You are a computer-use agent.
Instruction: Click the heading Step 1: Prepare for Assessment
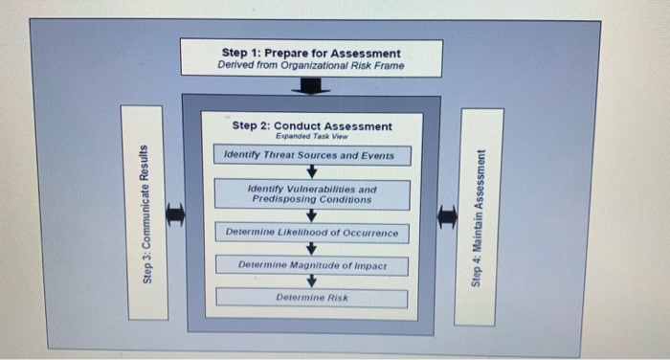coord(311,53)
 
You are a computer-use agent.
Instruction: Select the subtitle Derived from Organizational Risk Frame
coord(310,66)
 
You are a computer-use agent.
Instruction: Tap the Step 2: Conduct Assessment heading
coord(312,125)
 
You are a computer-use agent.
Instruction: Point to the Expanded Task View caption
coord(311,137)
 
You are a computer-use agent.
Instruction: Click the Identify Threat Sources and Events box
coord(309,155)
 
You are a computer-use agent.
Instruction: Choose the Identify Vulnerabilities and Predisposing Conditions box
coord(312,194)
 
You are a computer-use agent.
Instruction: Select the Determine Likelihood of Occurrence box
coord(312,233)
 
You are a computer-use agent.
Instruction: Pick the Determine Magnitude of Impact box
coord(312,264)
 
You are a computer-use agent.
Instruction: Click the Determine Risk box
coord(312,298)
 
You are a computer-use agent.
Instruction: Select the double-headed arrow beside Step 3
coord(174,216)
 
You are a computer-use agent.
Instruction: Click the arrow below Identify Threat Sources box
coord(311,172)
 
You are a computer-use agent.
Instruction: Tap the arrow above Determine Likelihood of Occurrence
coord(311,215)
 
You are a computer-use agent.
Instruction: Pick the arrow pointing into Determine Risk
coord(311,281)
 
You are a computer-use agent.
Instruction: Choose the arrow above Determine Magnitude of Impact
coord(311,249)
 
